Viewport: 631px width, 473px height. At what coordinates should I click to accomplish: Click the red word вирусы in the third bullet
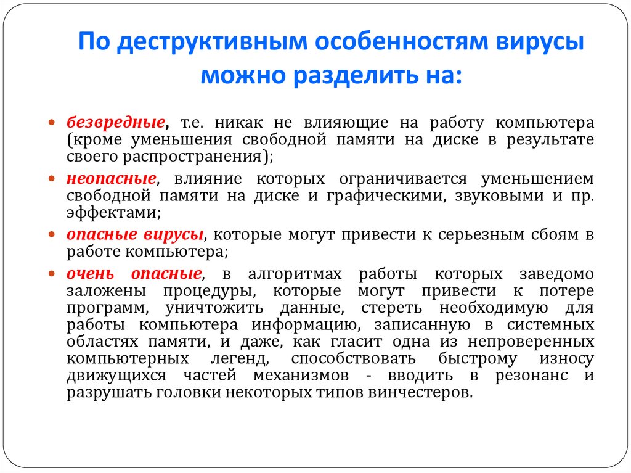(174, 235)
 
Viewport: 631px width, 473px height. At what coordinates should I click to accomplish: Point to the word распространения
(187, 156)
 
